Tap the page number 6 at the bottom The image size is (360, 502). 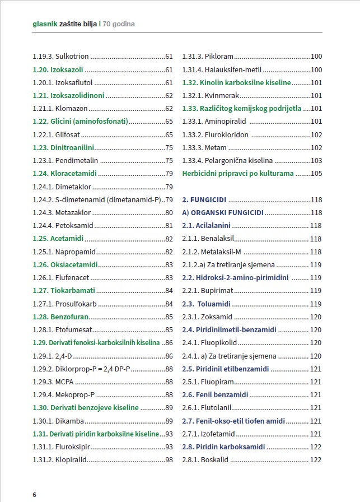tap(35, 495)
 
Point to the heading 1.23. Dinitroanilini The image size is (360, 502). tap(63, 147)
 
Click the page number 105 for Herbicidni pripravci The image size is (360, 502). tap(316, 173)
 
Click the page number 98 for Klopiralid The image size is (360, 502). tap(168, 459)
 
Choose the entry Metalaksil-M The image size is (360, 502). tap(212, 252)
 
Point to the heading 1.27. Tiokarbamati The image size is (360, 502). tap(64, 290)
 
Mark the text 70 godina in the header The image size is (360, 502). tap(119, 25)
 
